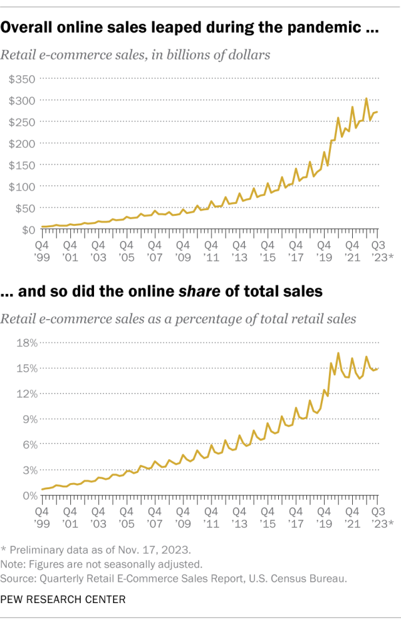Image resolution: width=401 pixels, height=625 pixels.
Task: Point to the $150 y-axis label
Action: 21,165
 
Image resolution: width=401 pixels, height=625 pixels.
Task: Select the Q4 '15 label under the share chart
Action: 266,516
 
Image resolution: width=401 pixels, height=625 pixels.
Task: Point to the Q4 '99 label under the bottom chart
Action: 42,516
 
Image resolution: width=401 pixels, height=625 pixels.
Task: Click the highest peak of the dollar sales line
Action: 367,98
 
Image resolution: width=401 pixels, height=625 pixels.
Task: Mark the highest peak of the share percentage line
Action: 338,353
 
